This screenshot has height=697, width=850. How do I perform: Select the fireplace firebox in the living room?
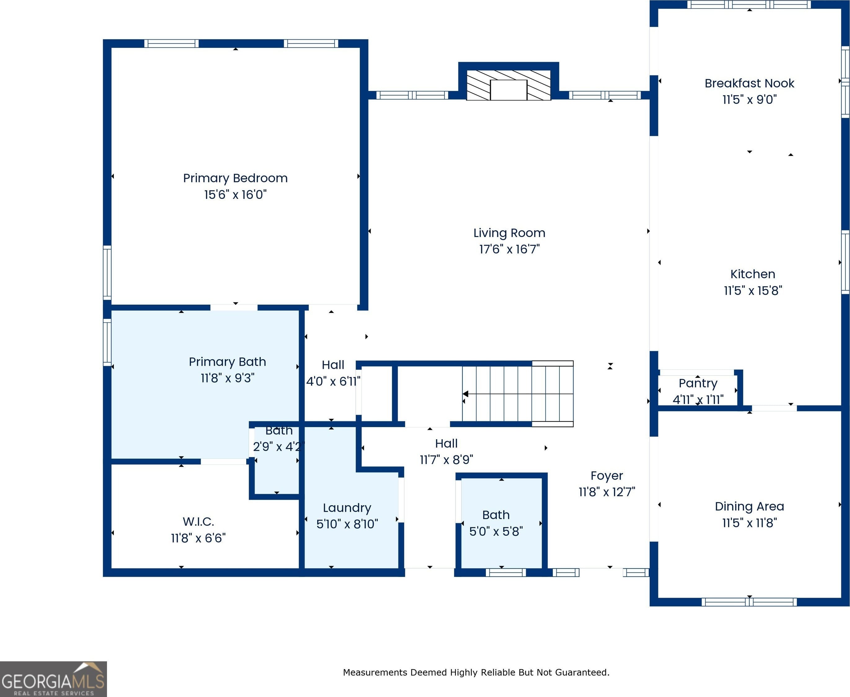pos(509,90)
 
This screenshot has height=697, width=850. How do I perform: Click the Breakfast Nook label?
pos(749,83)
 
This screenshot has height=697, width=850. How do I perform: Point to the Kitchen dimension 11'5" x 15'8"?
pos(753,290)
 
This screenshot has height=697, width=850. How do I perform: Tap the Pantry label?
pos(698,383)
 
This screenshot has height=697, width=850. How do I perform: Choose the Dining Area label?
pos(749,506)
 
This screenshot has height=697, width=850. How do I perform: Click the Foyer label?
pos(607,476)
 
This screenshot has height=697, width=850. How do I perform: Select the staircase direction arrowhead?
pos(465,394)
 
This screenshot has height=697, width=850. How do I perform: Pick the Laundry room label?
pos(347,508)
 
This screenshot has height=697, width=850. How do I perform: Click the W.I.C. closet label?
pos(198,521)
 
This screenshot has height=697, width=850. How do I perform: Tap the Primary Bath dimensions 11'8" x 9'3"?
pos(228,378)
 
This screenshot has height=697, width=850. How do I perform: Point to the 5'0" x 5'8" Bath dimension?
pos(496,531)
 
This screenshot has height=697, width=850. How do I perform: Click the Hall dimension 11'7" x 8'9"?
pos(446,459)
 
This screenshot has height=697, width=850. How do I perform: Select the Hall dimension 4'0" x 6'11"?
pos(333,381)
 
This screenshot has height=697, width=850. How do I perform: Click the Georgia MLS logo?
pos(53,679)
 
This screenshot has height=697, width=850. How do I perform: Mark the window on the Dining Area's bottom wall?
pos(749,602)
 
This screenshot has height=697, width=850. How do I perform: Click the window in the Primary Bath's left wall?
pos(107,342)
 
